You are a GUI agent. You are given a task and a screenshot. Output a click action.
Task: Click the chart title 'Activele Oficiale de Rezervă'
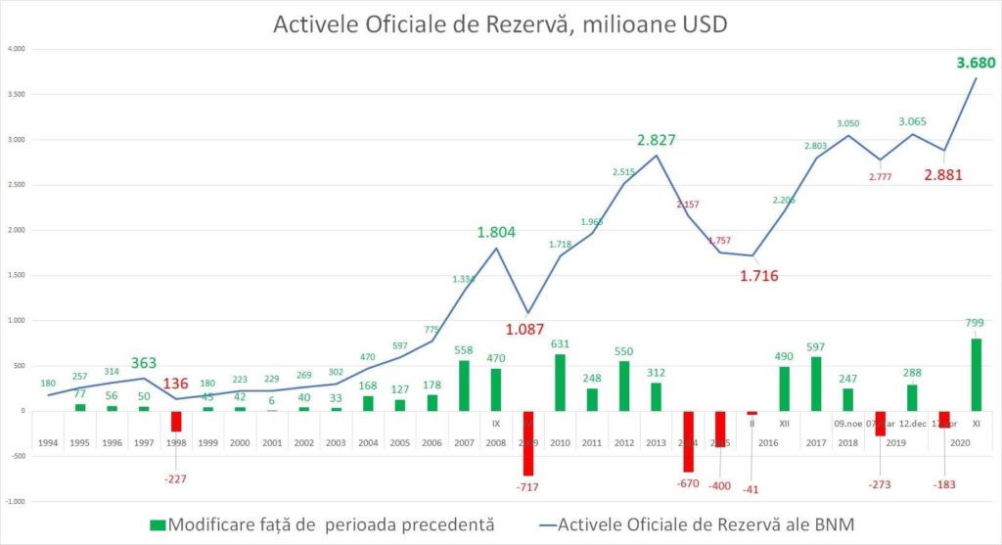pyautogui.click(x=500, y=23)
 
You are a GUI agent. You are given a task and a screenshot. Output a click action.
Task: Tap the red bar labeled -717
pyautogui.click(x=528, y=443)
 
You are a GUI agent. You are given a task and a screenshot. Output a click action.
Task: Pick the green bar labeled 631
pyautogui.click(x=561, y=383)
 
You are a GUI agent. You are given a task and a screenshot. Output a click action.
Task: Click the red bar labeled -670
pyautogui.click(x=688, y=441)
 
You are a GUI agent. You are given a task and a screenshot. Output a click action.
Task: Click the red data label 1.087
pyautogui.click(x=524, y=329)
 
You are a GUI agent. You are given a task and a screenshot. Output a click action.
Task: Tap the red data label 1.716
pyautogui.click(x=759, y=276)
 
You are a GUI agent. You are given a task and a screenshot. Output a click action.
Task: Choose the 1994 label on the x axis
pyautogui.click(x=48, y=443)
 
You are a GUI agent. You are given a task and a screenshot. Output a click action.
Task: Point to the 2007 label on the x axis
pyautogui.click(x=465, y=443)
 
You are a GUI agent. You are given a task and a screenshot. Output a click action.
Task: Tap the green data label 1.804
pyautogui.click(x=497, y=233)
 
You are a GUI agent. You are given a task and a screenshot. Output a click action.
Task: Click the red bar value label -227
pyautogui.click(x=176, y=451)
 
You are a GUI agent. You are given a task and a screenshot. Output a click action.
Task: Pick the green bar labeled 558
pyautogui.click(x=465, y=386)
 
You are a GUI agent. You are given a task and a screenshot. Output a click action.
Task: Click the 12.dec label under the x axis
pyautogui.click(x=912, y=424)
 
